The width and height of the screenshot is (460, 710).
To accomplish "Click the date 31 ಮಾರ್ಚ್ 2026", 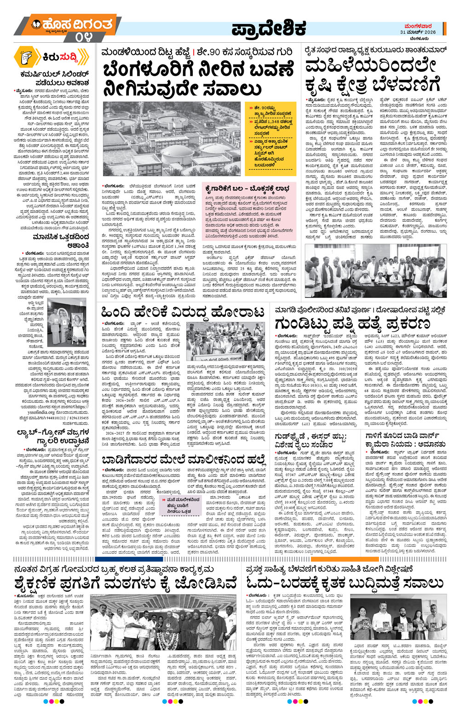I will tap(418, 32).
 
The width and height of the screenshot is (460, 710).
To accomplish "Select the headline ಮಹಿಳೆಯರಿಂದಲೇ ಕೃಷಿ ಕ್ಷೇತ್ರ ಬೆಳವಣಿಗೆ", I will tap(373, 76).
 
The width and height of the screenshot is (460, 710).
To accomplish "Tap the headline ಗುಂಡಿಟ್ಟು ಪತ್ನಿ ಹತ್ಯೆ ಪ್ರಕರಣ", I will tap(354, 322).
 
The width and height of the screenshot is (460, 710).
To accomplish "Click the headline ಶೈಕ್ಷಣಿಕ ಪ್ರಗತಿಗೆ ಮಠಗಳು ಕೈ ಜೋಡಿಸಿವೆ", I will tap(126, 581).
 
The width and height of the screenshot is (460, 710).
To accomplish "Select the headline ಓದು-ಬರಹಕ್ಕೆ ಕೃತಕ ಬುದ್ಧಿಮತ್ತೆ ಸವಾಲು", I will tap(345, 581).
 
